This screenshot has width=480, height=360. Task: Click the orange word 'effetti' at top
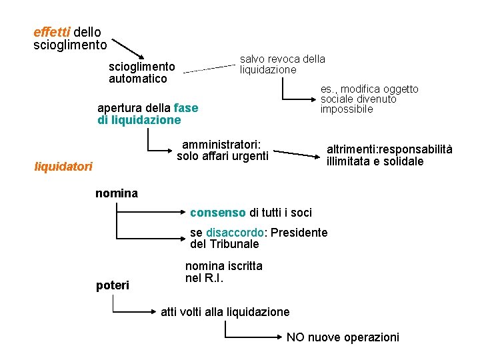coord(51,32)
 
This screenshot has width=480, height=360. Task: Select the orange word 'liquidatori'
coord(63,167)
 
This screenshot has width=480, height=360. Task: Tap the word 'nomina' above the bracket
coord(117,193)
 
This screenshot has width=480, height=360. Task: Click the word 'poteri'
coord(113,285)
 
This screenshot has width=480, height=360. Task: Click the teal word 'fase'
coord(186,107)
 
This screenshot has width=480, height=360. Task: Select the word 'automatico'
coord(138,79)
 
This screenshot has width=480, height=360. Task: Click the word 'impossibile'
coord(347,109)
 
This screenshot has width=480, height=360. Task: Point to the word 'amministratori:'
coord(221,144)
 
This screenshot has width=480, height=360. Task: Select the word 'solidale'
coord(402,161)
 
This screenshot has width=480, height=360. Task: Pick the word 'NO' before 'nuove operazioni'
coord(295,337)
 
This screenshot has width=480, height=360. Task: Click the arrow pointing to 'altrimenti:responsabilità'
coord(297,154)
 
